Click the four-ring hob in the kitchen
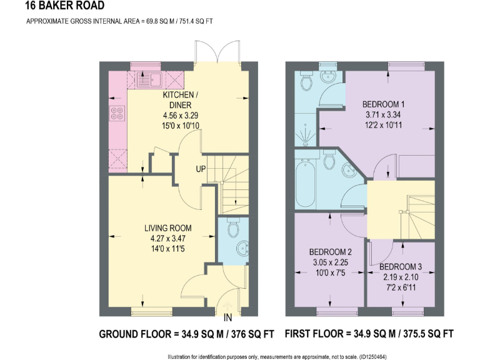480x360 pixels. click(117, 114)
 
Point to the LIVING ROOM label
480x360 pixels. click(165, 228)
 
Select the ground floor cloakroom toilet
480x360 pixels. click(234, 229)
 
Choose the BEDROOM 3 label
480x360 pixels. click(401, 267)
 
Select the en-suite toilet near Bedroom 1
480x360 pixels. click(306, 82)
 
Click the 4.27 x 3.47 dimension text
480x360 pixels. click(165, 238)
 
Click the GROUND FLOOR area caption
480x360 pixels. click(186, 334)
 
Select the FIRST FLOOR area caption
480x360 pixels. click(369, 334)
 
